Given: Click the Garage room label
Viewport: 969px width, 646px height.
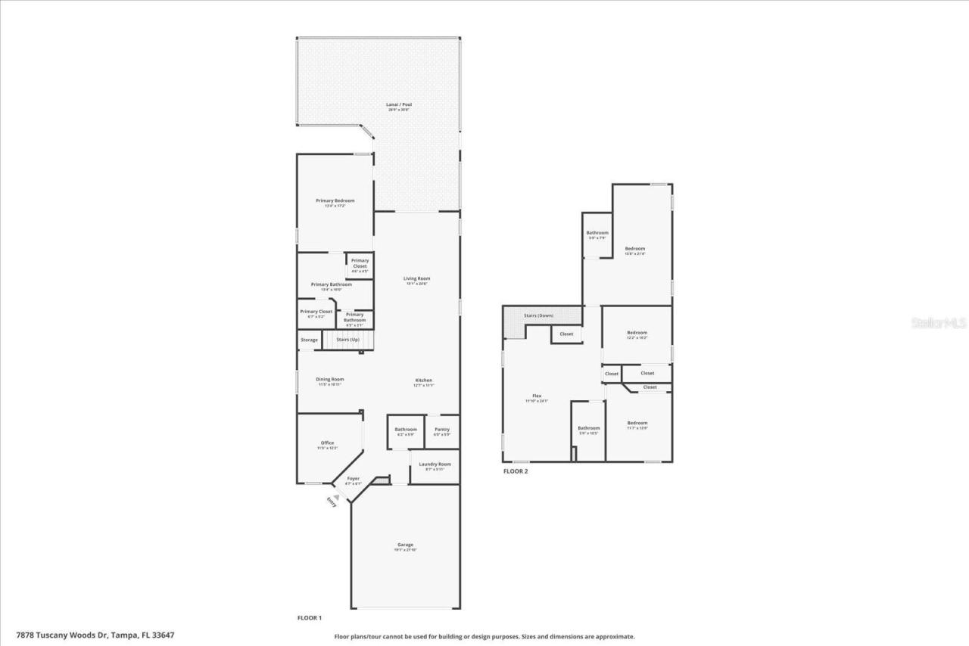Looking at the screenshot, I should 405,545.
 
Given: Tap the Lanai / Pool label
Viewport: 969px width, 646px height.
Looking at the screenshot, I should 398,104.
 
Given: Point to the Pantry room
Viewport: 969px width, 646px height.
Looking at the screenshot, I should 442,430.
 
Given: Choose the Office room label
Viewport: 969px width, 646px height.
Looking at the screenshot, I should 327,443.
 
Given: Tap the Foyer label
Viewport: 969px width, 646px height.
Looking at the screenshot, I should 354,479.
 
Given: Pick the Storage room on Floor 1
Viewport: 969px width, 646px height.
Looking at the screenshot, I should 309,340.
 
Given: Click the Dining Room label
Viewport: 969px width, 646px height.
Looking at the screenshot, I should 330,380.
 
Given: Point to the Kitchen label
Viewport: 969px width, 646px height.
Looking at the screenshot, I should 423,380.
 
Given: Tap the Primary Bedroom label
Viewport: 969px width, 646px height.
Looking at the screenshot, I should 335,200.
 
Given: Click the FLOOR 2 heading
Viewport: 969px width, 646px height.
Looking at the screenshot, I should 516,471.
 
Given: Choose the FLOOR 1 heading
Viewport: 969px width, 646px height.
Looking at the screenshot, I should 309,618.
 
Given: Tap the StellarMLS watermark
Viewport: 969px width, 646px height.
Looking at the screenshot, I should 939,323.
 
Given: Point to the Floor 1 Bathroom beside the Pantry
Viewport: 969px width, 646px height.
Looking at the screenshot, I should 406,430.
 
